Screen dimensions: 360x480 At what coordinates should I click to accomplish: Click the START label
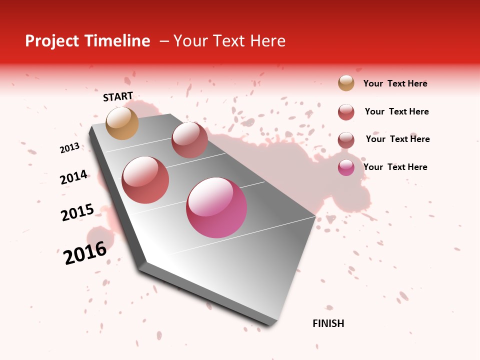(118, 96)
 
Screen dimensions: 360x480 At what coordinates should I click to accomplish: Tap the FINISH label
(328, 323)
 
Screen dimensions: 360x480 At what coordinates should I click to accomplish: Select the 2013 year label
(69, 148)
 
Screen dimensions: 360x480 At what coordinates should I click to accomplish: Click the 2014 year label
(74, 177)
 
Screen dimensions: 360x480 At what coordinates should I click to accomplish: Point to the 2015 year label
(77, 212)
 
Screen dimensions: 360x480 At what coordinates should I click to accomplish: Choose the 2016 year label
(85, 253)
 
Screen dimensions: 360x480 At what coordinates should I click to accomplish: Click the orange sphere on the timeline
(122, 123)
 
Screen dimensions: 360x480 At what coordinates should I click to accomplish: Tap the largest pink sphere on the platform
(216, 207)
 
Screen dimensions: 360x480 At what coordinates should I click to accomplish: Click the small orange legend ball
(346, 83)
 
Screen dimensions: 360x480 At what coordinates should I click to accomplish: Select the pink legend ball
(346, 167)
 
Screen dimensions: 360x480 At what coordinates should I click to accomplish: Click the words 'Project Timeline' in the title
(87, 41)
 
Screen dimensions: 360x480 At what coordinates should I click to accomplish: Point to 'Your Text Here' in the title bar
(229, 41)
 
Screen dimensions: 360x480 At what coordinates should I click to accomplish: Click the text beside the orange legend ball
(395, 83)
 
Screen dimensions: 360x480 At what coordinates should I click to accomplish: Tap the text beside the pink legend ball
(395, 167)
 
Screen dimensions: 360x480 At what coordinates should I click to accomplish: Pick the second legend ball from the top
(346, 112)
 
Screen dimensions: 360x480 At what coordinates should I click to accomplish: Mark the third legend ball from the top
(346, 140)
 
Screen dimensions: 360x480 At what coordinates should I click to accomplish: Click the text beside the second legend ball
(396, 111)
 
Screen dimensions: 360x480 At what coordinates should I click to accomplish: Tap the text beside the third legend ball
(397, 139)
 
